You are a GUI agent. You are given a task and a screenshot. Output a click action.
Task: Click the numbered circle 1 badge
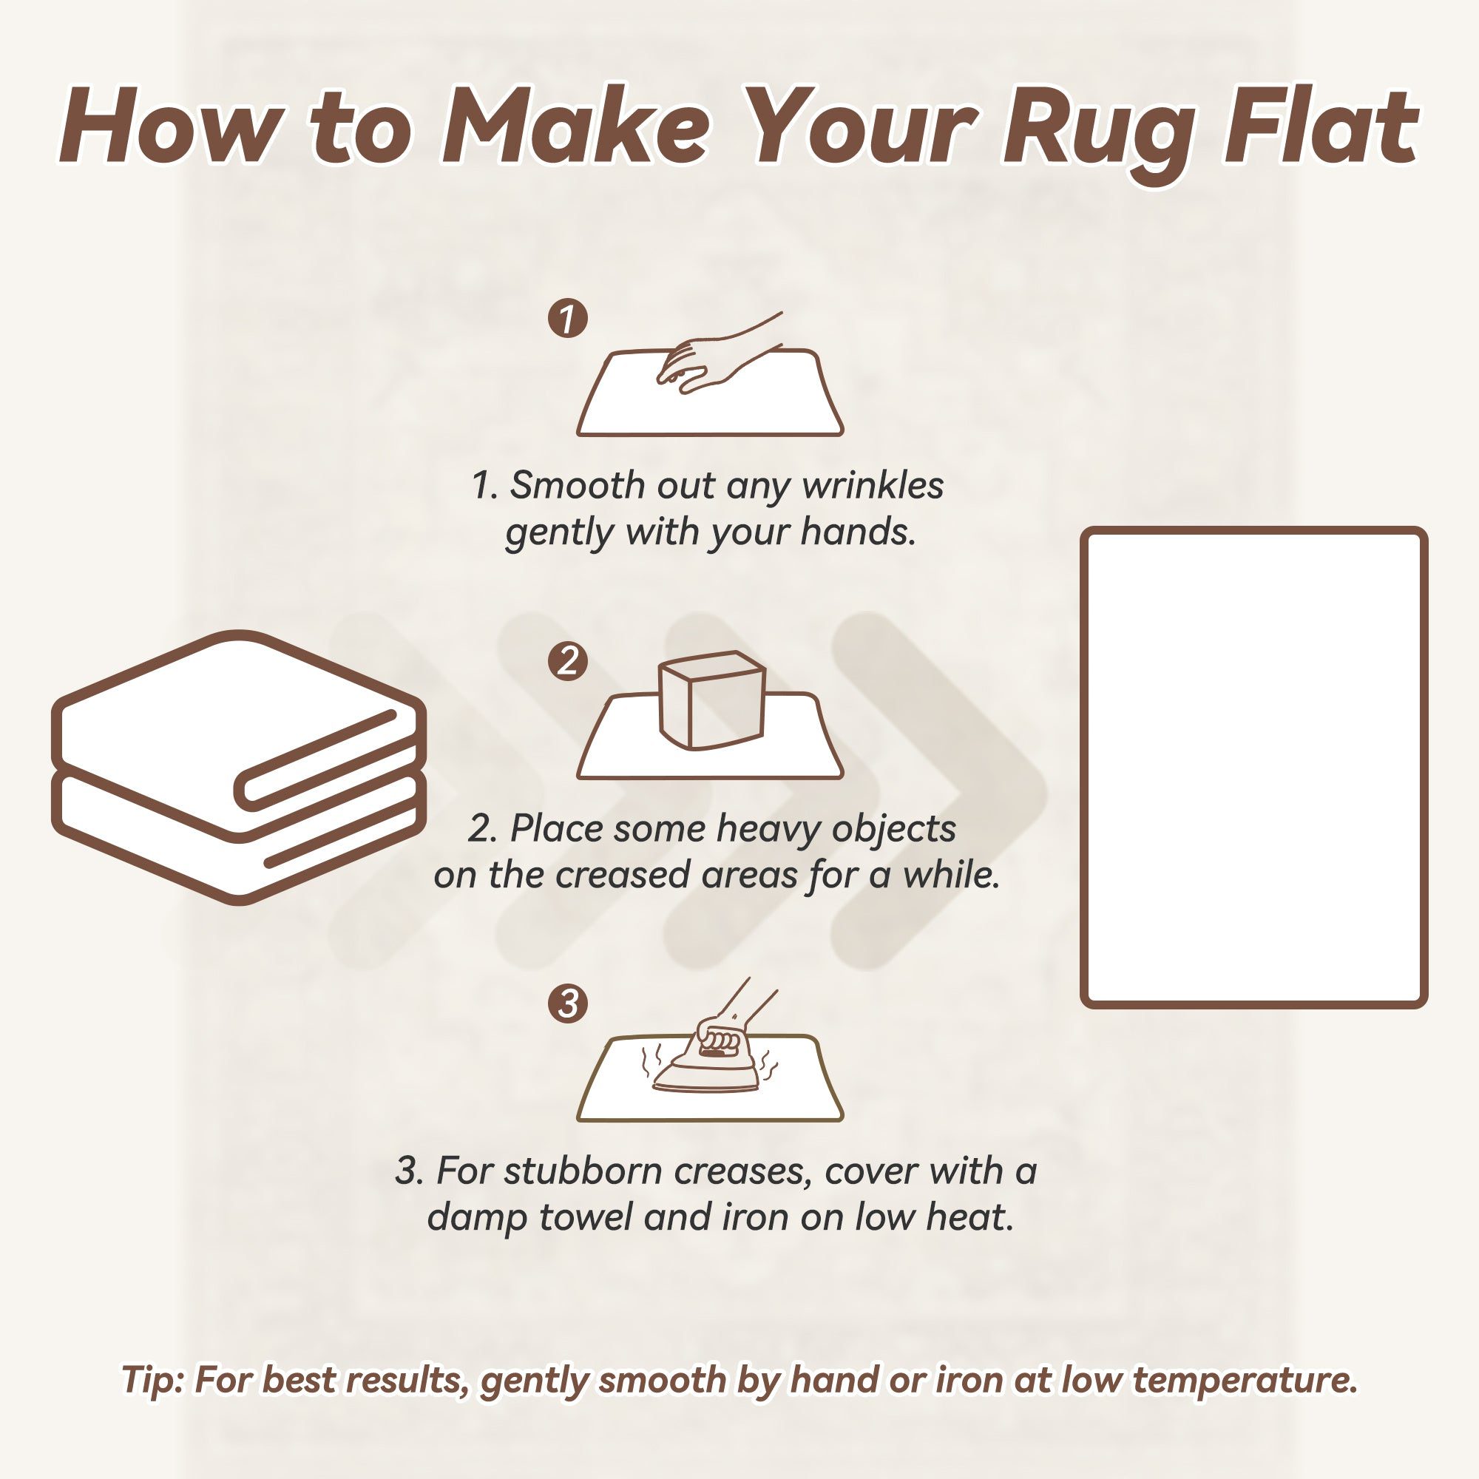(x=568, y=319)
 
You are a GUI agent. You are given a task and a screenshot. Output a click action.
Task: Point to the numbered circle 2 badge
(x=568, y=660)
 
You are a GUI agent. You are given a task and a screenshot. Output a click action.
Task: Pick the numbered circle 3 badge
(x=568, y=1003)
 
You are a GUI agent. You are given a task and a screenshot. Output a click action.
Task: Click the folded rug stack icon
(x=238, y=768)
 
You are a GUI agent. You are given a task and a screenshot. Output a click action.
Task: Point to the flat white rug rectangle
(x=1253, y=767)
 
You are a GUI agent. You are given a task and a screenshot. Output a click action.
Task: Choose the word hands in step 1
(x=858, y=532)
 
